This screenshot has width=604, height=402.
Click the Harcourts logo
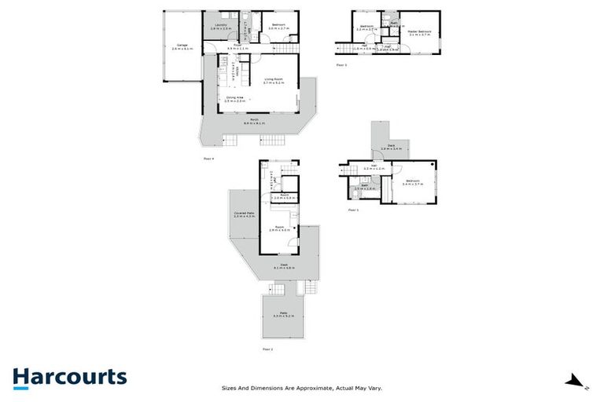tap(69, 376)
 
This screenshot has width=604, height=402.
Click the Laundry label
tap(221, 26)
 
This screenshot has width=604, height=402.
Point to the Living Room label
tap(274, 79)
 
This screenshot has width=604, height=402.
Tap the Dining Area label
tap(235, 99)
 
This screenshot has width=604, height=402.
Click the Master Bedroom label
tap(419, 33)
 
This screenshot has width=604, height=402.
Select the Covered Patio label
tap(243, 214)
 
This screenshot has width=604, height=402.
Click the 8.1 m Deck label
tap(283, 265)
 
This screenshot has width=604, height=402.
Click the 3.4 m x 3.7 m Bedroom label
tap(412, 182)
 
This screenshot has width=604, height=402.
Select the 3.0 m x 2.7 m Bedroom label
tap(278, 26)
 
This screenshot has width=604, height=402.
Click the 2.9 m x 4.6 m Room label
tap(279, 229)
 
